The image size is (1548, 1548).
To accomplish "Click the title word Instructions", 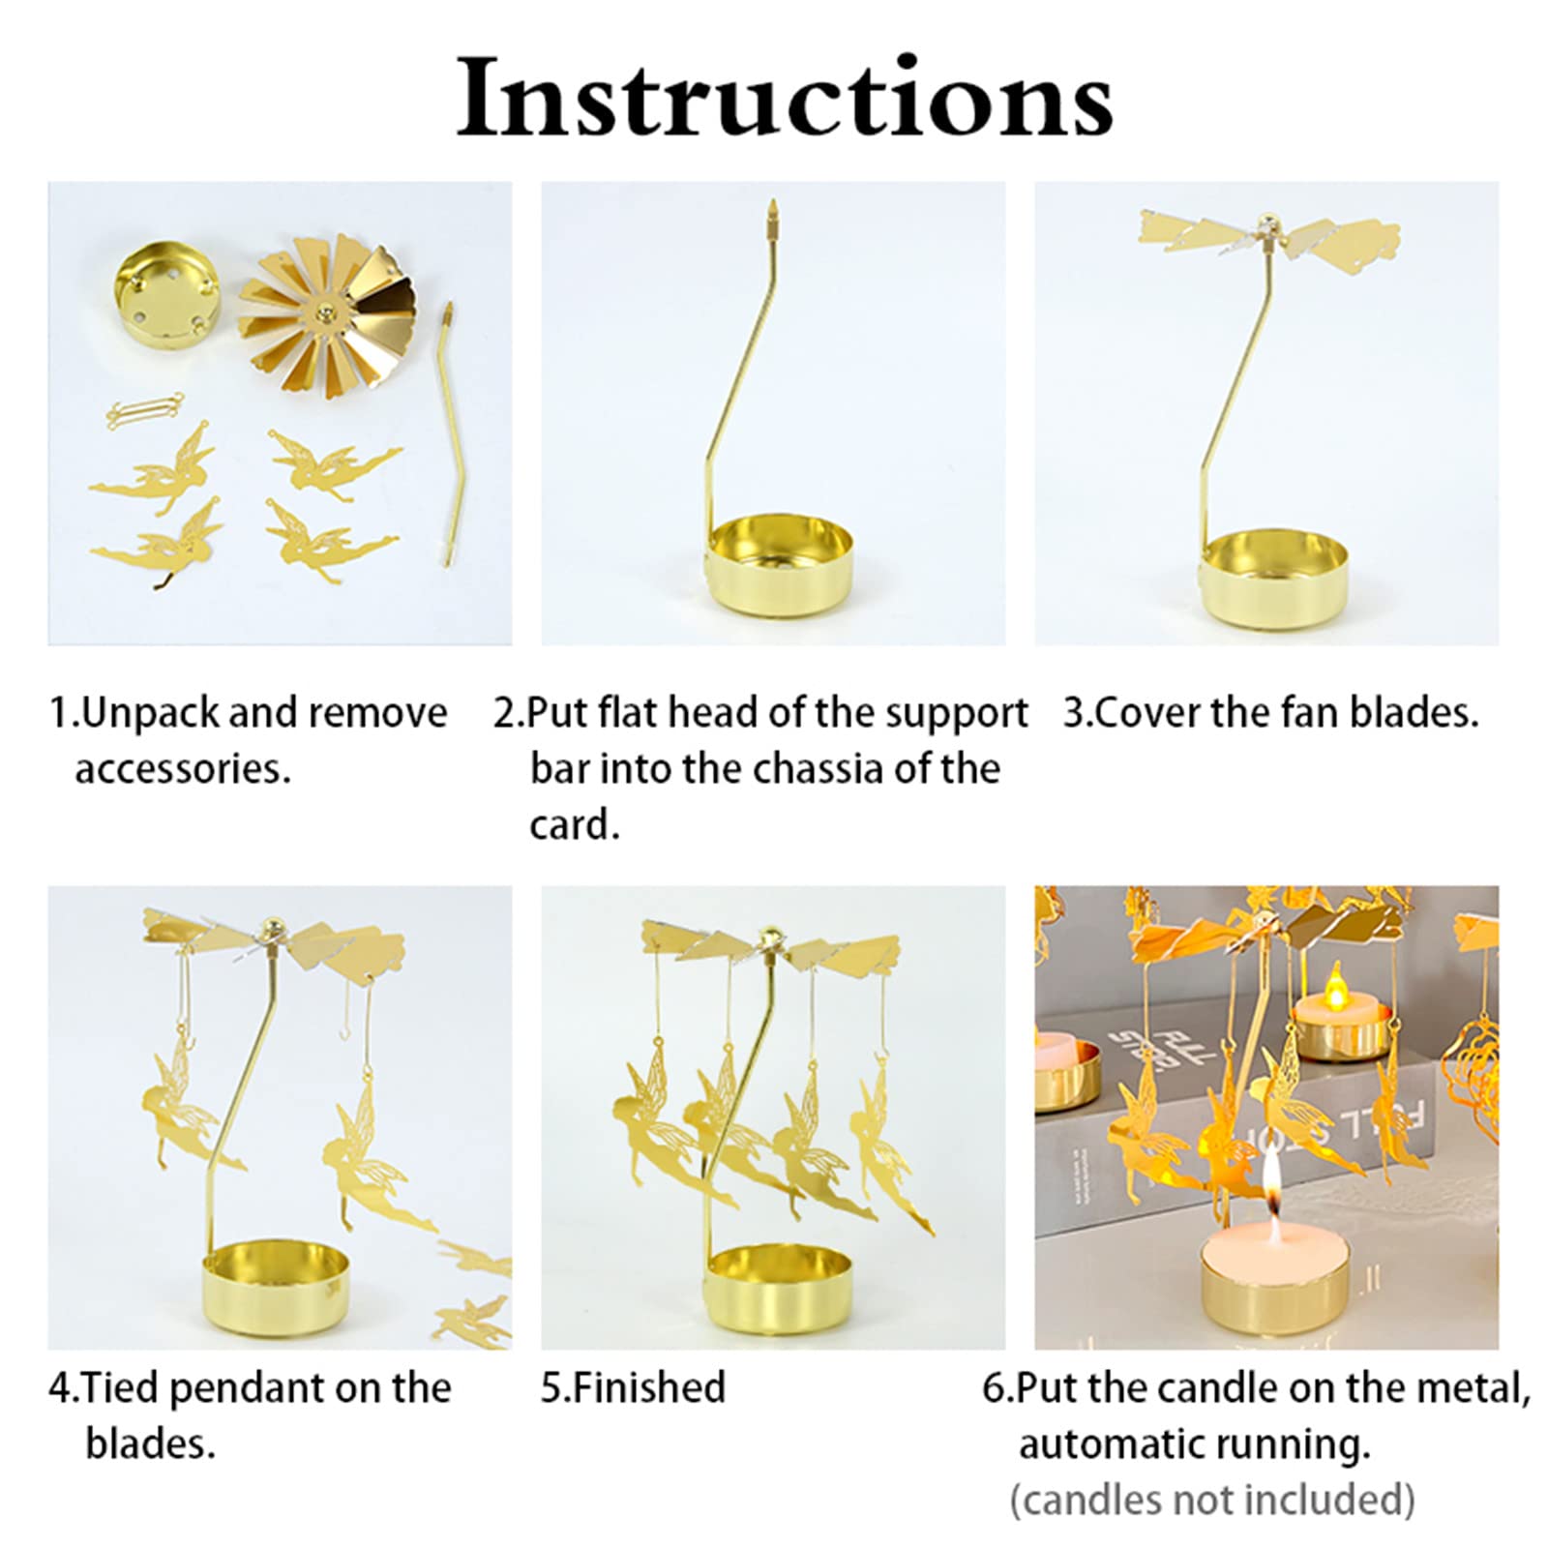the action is pos(785,98).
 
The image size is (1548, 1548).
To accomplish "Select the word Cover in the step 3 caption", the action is pos(1147,713).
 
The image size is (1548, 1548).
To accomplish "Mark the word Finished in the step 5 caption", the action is pos(648,1387).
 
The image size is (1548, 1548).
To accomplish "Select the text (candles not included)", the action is pos(1212,1499).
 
